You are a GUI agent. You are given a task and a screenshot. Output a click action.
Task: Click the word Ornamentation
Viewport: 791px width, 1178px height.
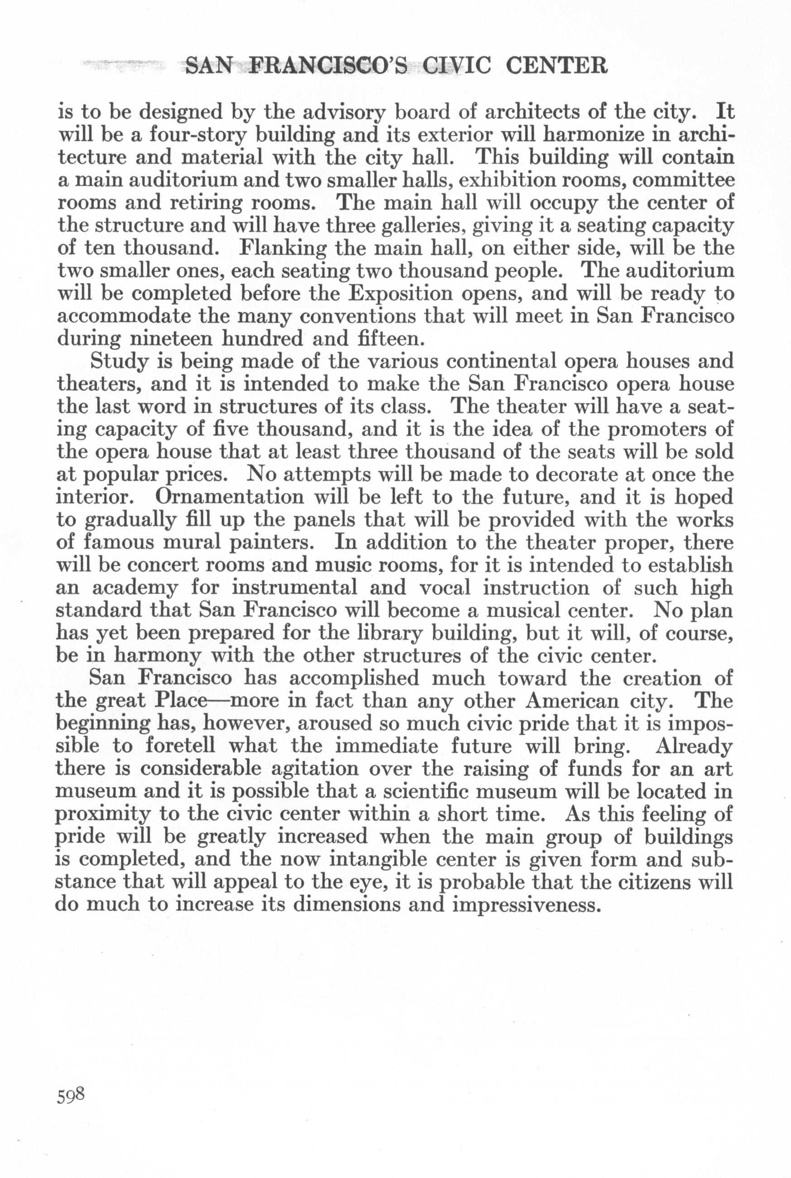tap(230, 497)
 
